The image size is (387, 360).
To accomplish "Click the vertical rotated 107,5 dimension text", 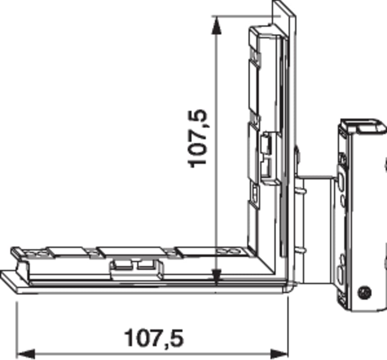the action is tap(197, 139).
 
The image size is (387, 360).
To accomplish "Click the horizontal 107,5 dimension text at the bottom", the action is tap(154, 338).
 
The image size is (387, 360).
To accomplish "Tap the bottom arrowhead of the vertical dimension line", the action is tap(216, 277).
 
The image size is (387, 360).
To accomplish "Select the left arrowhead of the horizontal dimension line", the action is tap(26, 354).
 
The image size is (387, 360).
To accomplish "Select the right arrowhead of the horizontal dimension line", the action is tap(279, 354).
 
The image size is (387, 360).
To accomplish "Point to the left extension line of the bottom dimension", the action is tap(17, 330).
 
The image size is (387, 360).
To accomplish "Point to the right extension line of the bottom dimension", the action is tap(288, 327).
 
